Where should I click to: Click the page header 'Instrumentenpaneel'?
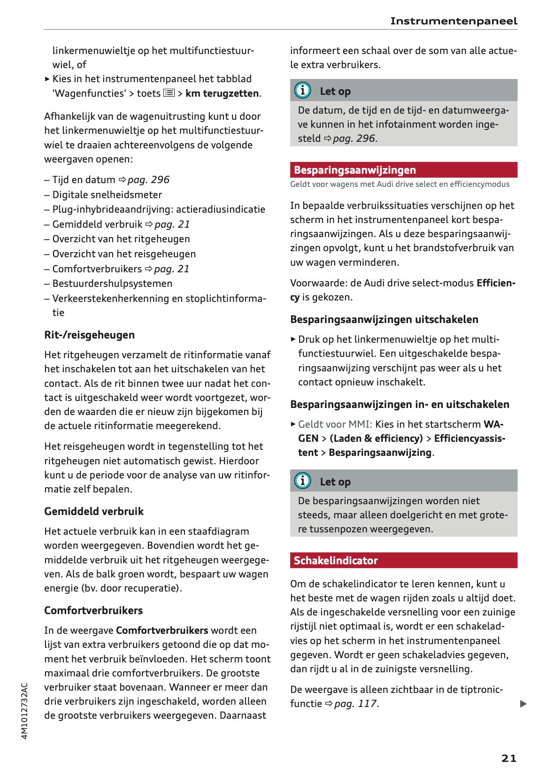pyautogui.click(x=453, y=21)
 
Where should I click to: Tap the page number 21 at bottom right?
pyautogui.click(x=508, y=758)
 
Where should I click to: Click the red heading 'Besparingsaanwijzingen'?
pyautogui.click(x=355, y=170)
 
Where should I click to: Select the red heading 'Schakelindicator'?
pyautogui.click(x=336, y=561)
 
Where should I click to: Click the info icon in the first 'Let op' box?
pyautogui.click(x=302, y=90)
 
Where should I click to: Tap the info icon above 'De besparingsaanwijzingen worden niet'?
pyautogui.click(x=302, y=481)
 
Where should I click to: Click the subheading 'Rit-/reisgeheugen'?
pyautogui.click(x=89, y=335)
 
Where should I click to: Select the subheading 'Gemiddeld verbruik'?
pyautogui.click(x=94, y=511)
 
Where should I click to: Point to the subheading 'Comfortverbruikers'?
pyautogui.click(x=93, y=610)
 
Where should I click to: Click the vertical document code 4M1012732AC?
pyautogui.click(x=25, y=711)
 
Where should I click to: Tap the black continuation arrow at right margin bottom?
pyautogui.click(x=523, y=704)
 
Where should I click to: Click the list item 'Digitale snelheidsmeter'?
pyautogui.click(x=107, y=194)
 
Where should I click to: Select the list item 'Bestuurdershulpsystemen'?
pyautogui.click(x=112, y=284)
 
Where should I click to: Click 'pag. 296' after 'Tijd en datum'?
pyautogui.click(x=148, y=180)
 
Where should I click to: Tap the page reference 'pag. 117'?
pyautogui.click(x=355, y=704)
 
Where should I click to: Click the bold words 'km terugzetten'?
pyautogui.click(x=222, y=93)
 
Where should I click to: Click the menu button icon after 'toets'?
pyautogui.click(x=169, y=93)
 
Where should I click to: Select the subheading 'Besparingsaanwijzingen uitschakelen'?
pyautogui.click(x=384, y=319)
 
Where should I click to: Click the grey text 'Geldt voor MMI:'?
pyautogui.click(x=335, y=424)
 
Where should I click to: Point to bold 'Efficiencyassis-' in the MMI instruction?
pyautogui.click(x=470, y=438)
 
